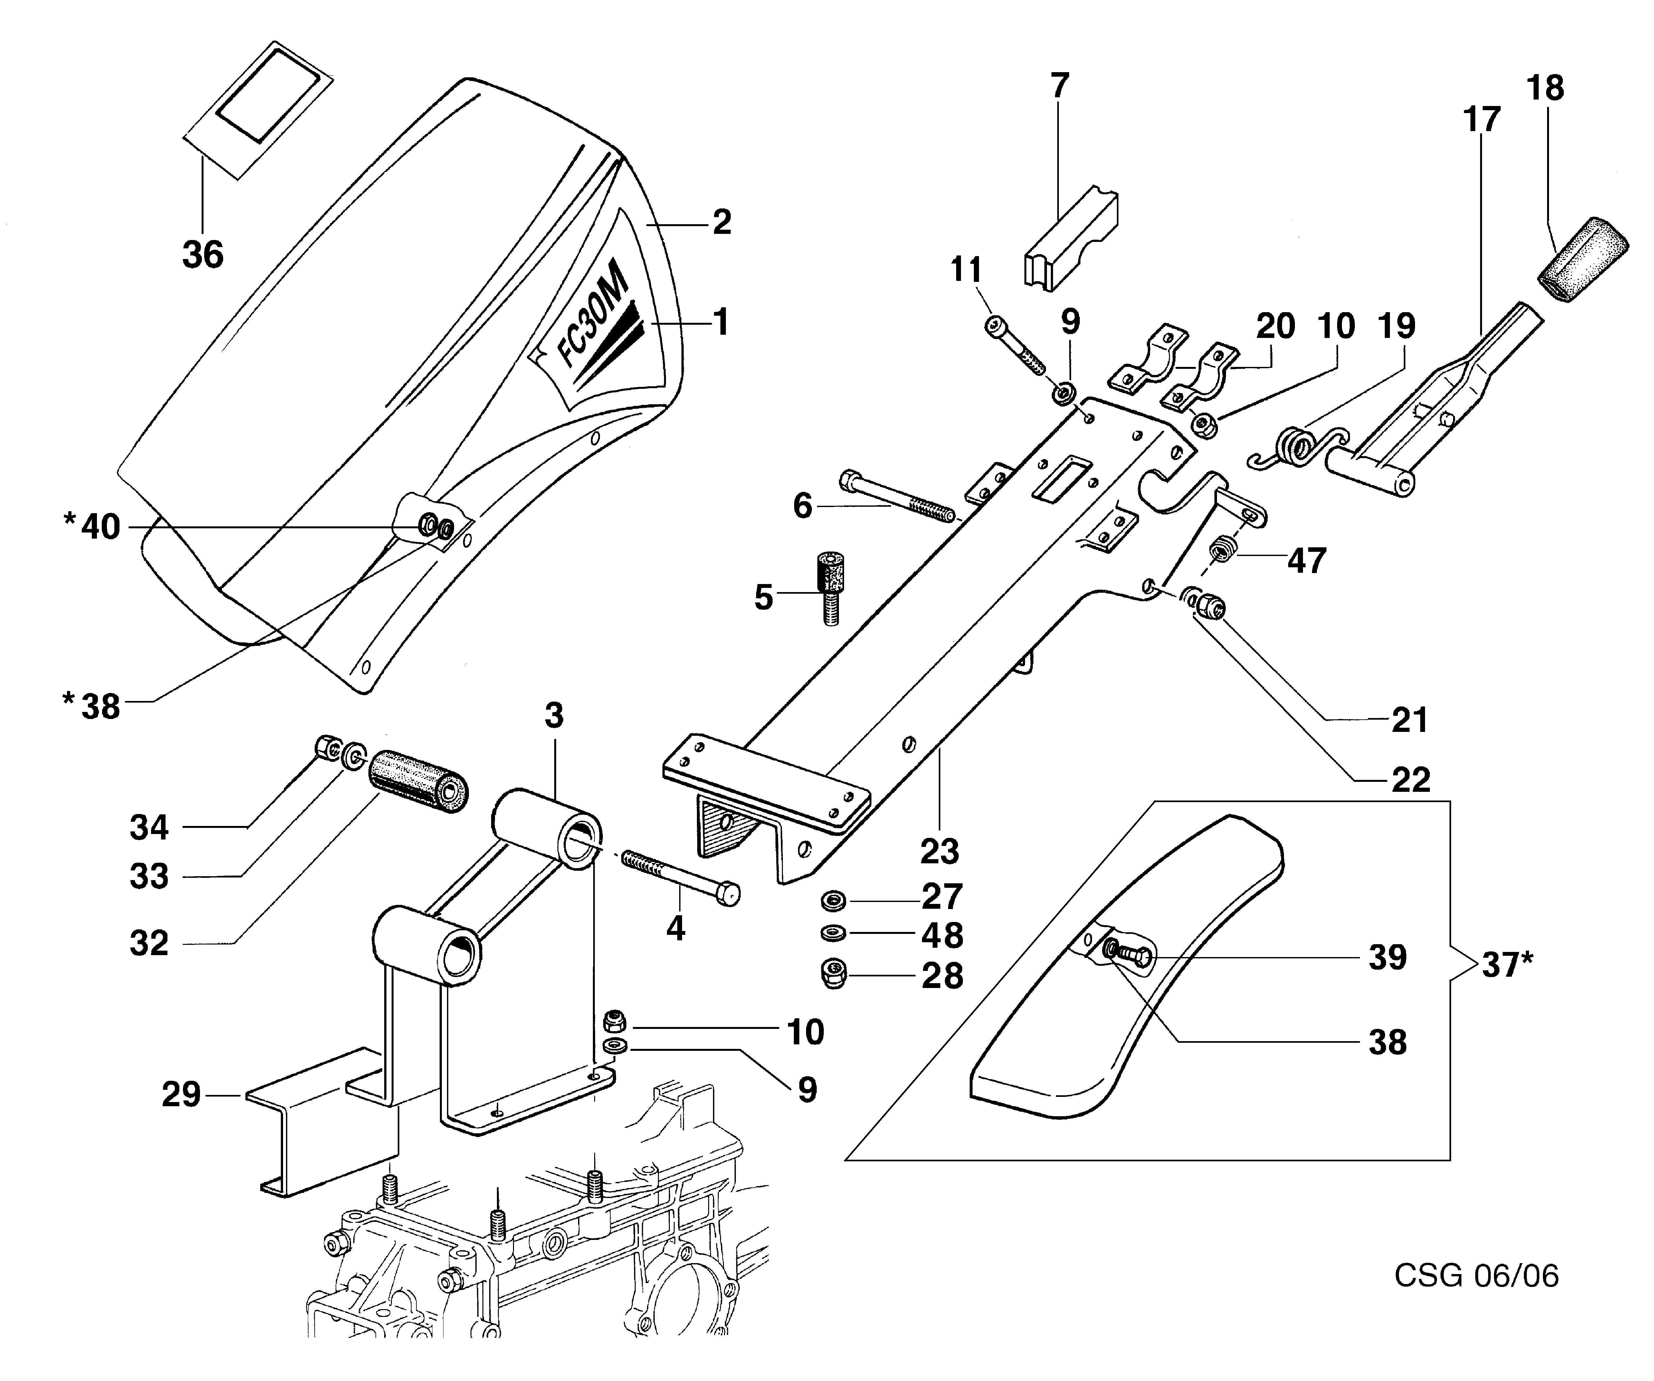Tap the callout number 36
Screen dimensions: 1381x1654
(203, 254)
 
